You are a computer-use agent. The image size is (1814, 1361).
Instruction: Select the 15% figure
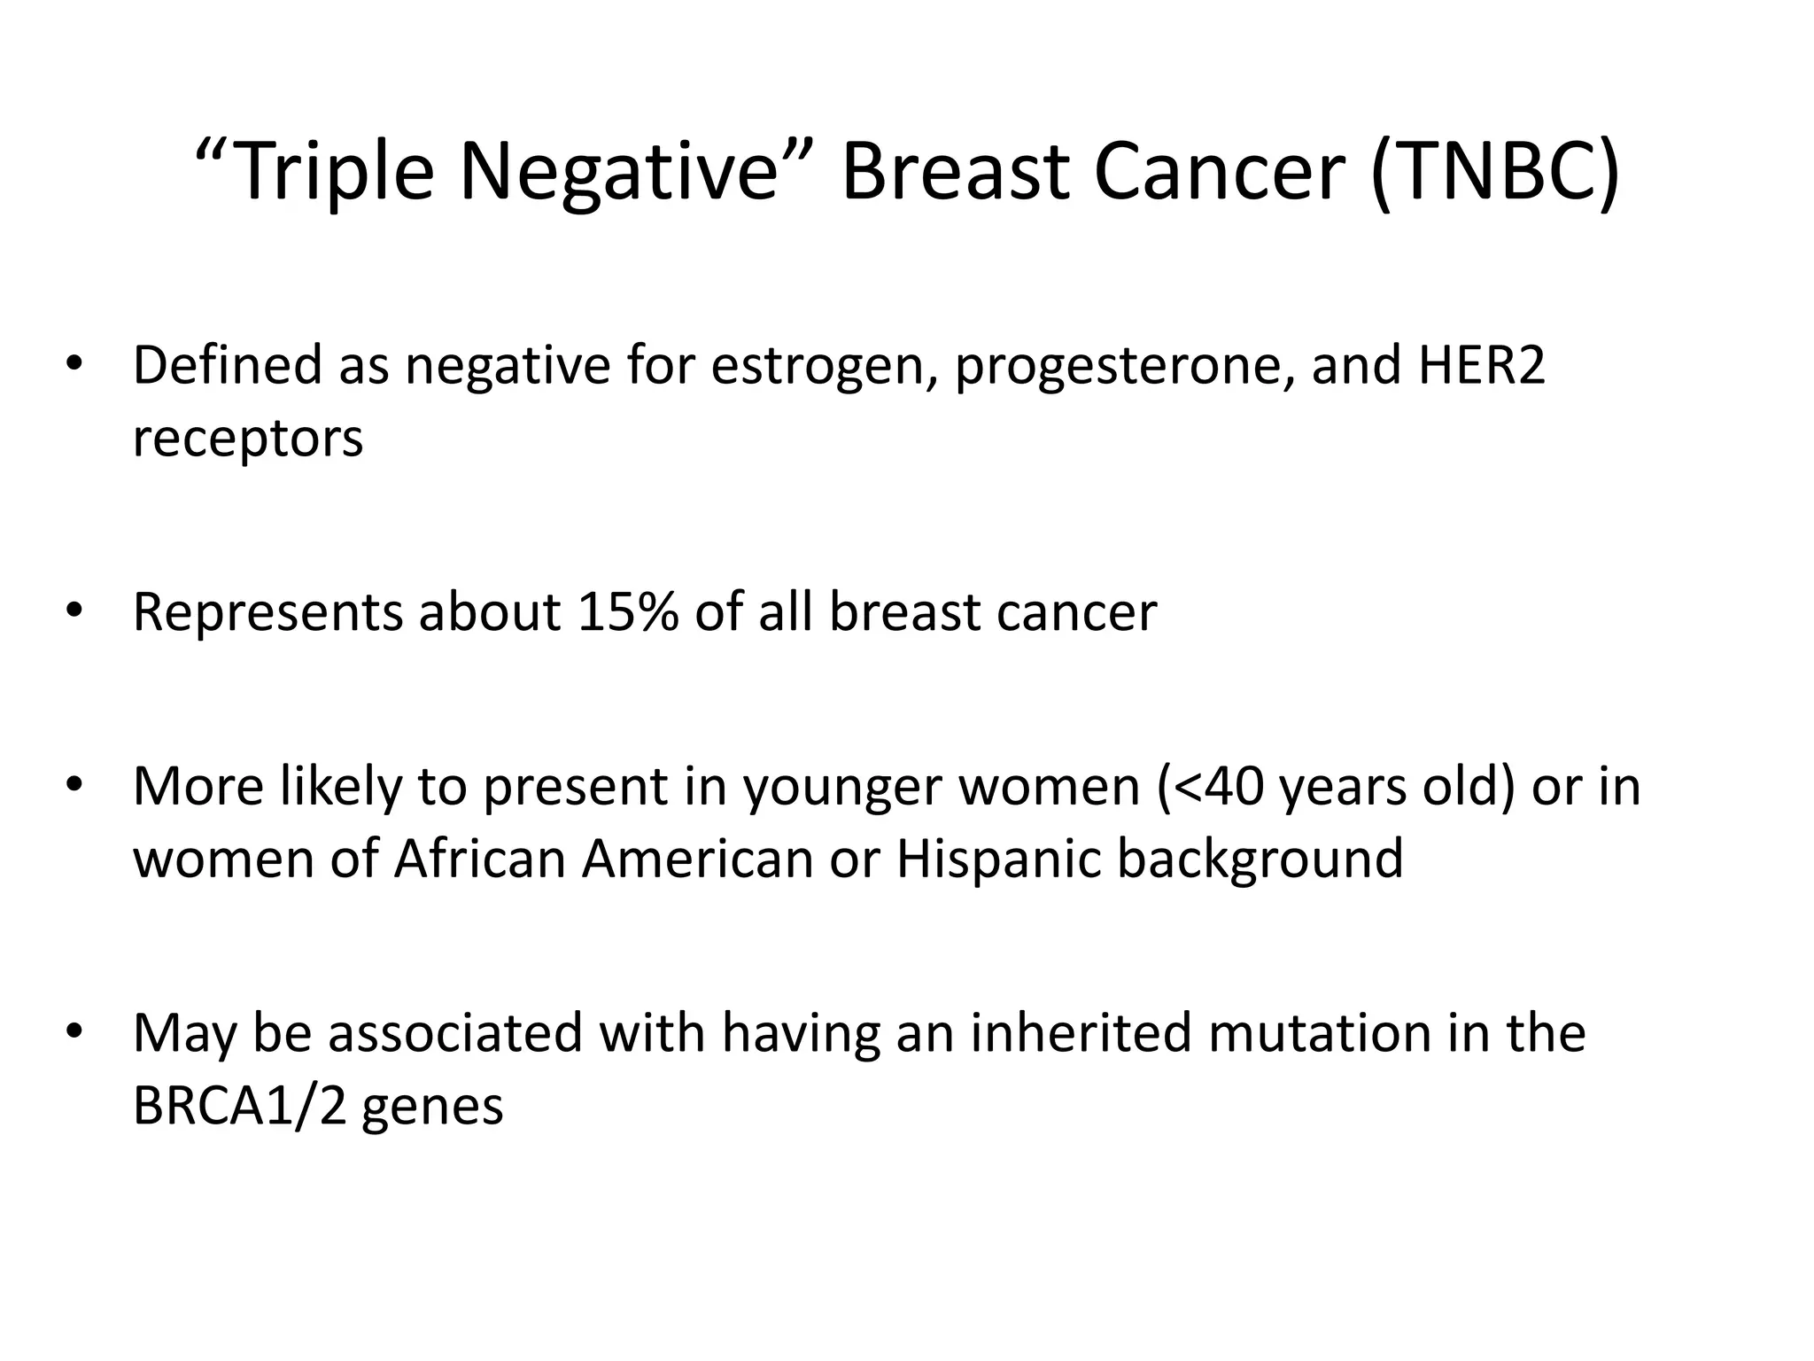coord(627,611)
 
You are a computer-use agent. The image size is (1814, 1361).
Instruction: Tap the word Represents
coord(267,611)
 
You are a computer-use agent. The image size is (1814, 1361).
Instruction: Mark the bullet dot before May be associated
coord(74,1032)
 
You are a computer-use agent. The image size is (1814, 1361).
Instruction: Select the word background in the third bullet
coord(1260,859)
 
